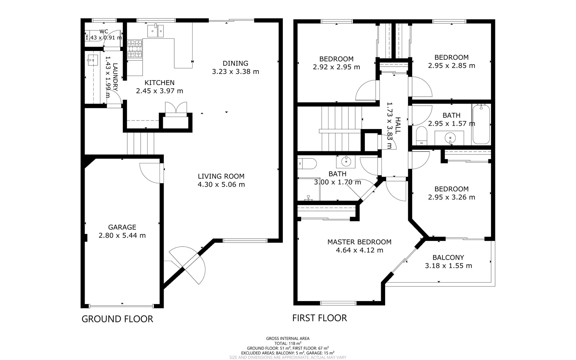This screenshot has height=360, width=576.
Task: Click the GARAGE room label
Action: pos(122,227)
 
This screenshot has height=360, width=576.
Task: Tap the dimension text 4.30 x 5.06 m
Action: pos(221,185)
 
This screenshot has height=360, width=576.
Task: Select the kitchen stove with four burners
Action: pos(135,48)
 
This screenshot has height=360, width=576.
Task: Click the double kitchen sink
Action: pos(156,31)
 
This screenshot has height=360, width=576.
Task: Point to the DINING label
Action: pos(235,63)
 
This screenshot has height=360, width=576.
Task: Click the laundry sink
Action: pos(92,60)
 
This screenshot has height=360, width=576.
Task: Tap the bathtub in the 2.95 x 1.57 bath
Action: pos(481,124)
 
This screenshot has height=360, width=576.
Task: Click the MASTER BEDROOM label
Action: pos(359,242)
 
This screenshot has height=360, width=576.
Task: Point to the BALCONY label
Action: pos(448,258)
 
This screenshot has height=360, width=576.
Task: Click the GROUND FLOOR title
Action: pos(117,319)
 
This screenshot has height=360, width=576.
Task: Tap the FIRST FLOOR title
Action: pos(319,318)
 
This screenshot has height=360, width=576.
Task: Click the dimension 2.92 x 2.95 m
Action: pos(336,67)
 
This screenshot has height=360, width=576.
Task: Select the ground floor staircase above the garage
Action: pos(141,143)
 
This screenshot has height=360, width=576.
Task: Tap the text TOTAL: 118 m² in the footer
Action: pos(288,343)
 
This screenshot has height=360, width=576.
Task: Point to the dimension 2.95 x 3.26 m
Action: pos(451,197)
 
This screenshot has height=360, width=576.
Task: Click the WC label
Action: pos(104,32)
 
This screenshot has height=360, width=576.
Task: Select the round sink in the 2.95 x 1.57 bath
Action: pos(450,137)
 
